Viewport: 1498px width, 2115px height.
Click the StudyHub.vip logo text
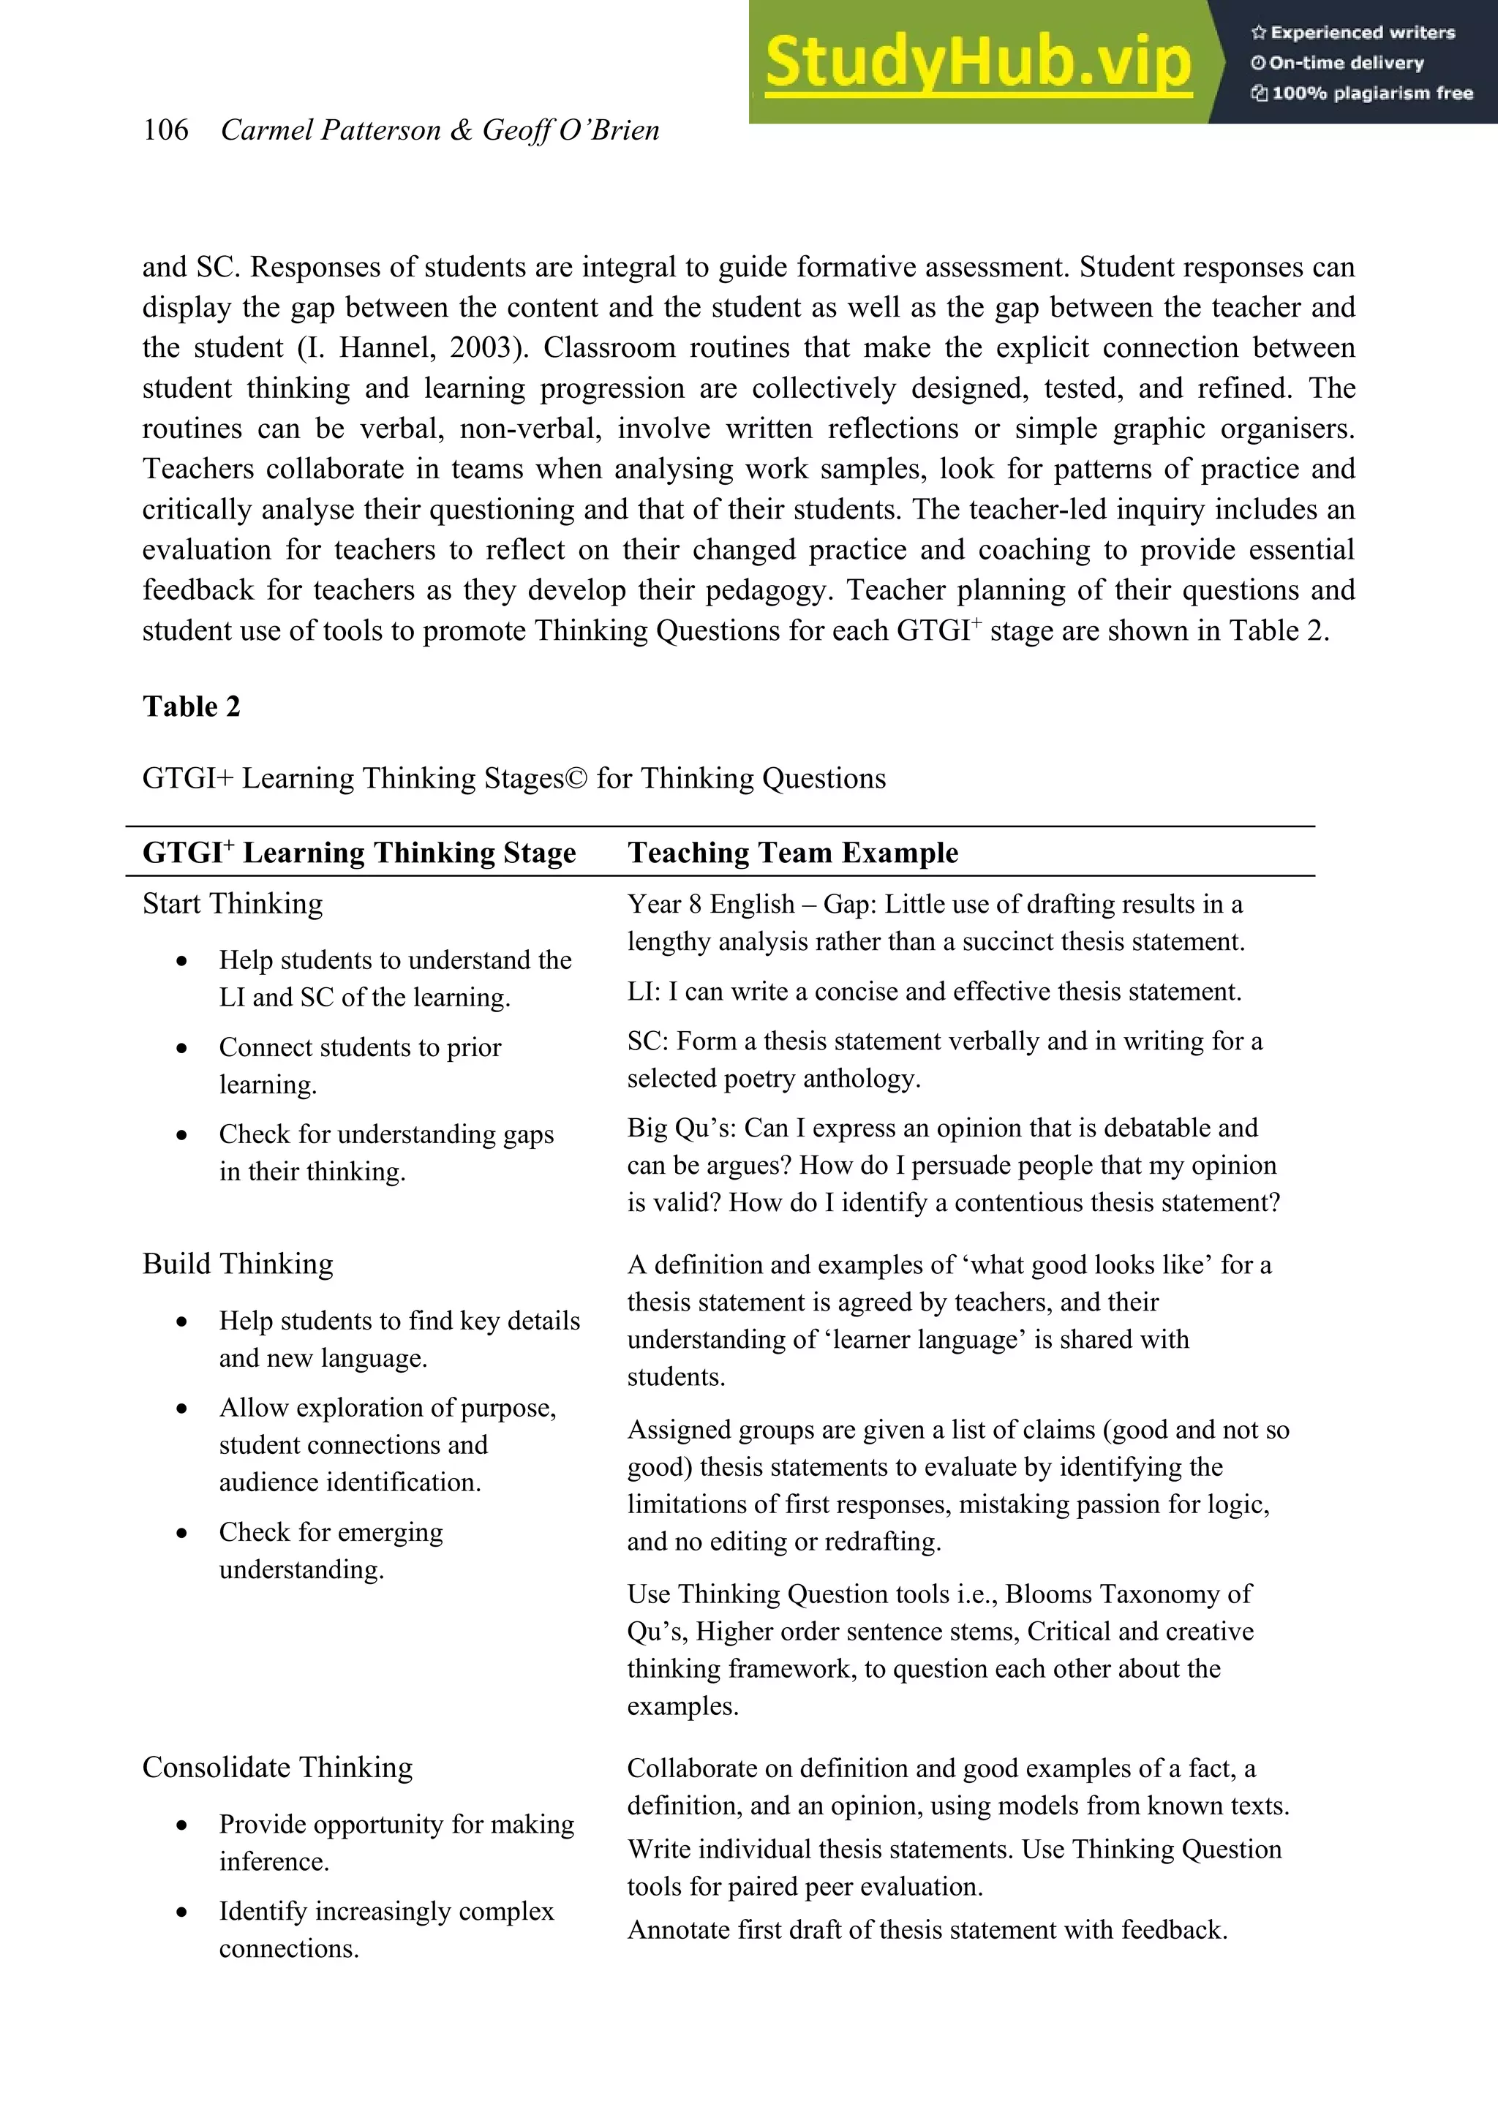click(978, 63)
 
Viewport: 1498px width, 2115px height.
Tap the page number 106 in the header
click(165, 130)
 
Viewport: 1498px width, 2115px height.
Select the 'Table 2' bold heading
click(191, 706)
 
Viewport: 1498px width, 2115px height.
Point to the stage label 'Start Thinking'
click(233, 904)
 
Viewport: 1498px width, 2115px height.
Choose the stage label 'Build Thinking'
click(238, 1264)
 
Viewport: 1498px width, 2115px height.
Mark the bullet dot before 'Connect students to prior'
click(181, 1049)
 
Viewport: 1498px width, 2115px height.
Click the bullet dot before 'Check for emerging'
click(181, 1533)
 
